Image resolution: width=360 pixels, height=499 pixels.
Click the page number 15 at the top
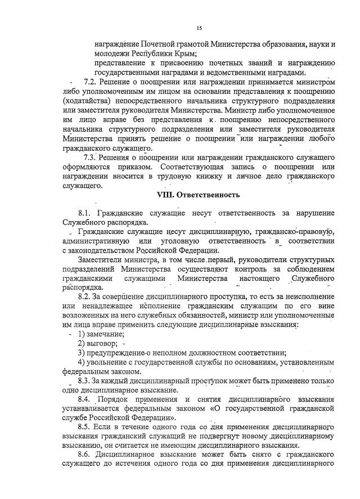(x=199, y=28)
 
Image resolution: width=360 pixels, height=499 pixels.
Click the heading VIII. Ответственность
(x=198, y=195)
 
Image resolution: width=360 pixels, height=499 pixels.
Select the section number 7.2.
(x=90, y=83)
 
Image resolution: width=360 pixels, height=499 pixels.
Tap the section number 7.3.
(x=90, y=157)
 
